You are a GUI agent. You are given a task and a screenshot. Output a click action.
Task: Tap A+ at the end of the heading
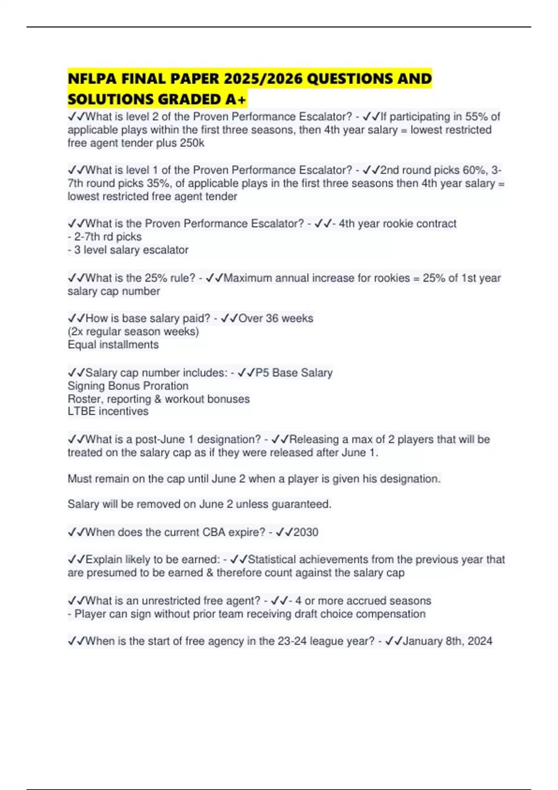(237, 99)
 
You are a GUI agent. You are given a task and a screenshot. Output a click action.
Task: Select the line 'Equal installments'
(113, 345)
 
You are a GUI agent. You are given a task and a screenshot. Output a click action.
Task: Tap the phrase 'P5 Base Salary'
(294, 373)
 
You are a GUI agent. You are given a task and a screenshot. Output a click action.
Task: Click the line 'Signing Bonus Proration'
(128, 386)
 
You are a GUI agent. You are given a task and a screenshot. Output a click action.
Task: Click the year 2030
(306, 532)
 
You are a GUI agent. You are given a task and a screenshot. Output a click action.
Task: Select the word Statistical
(272, 560)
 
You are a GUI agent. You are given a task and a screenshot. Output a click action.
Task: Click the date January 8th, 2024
(447, 641)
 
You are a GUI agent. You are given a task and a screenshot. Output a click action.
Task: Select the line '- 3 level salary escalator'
(128, 250)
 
